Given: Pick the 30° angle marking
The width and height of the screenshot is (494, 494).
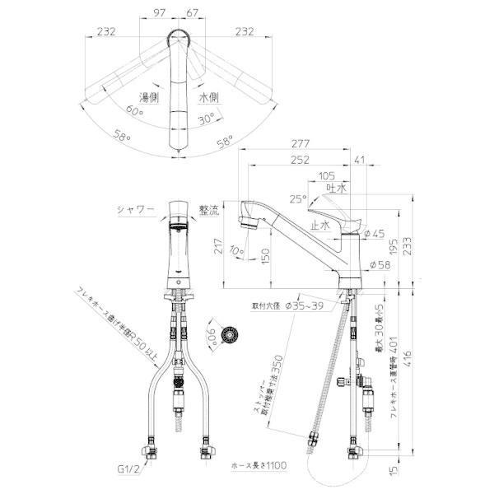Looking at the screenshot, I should click(206, 118).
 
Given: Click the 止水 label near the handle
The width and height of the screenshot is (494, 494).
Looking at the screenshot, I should click(320, 223).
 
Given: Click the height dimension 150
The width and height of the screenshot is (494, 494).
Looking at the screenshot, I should click(263, 258).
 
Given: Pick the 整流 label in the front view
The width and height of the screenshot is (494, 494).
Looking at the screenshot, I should click(212, 211).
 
